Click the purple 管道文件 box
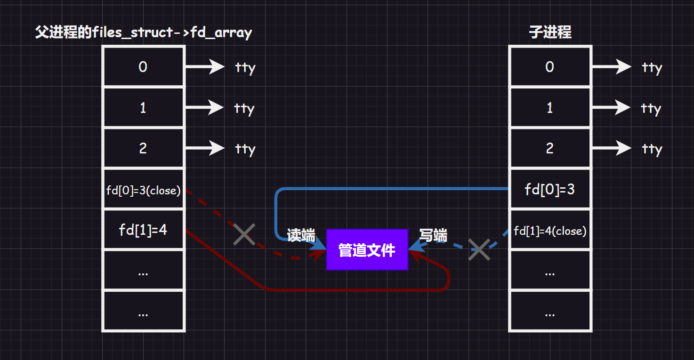367,250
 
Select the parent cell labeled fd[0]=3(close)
143,190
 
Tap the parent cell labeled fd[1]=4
143,230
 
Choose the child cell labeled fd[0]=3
549,190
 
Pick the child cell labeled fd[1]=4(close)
549,231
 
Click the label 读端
301,235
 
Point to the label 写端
433,235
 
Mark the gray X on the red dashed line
244,234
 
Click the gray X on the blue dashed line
479,249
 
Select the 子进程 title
550,32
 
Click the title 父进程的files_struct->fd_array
144,32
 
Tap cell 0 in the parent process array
143,67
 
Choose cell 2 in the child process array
549,148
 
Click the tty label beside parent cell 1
244,109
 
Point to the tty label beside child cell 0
652,68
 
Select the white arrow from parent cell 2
205,148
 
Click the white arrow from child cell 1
611,108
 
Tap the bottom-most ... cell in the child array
549,312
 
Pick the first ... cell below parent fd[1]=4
143,271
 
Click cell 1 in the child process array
549,108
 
